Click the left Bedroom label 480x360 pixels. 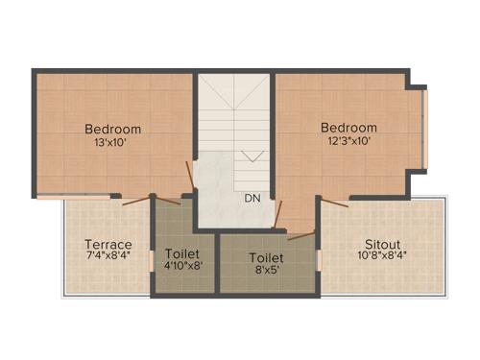[112, 130]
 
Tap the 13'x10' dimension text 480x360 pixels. [112, 143]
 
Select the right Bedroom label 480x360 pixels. [348, 127]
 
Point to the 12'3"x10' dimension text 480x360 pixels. [348, 140]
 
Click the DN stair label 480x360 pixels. [252, 199]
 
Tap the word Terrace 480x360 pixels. [108, 244]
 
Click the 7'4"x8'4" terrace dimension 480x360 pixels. [108, 257]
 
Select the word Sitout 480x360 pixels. [382, 244]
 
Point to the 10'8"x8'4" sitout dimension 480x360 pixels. [382, 257]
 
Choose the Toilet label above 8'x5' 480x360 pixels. [266, 257]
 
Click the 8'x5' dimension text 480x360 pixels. [266, 271]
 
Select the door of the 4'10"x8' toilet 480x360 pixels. [169, 199]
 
